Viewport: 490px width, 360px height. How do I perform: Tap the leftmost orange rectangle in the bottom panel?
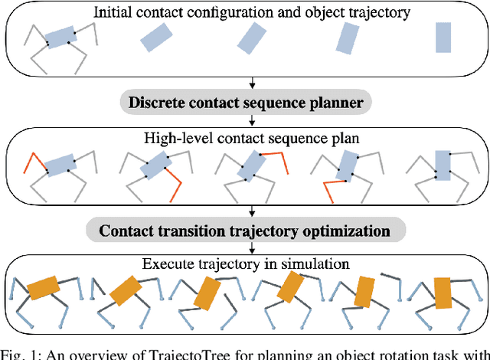44,286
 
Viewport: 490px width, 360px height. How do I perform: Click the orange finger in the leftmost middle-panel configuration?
32,162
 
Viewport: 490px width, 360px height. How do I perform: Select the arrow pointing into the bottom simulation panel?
253,250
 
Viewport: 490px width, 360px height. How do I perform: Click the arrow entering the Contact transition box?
253,211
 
